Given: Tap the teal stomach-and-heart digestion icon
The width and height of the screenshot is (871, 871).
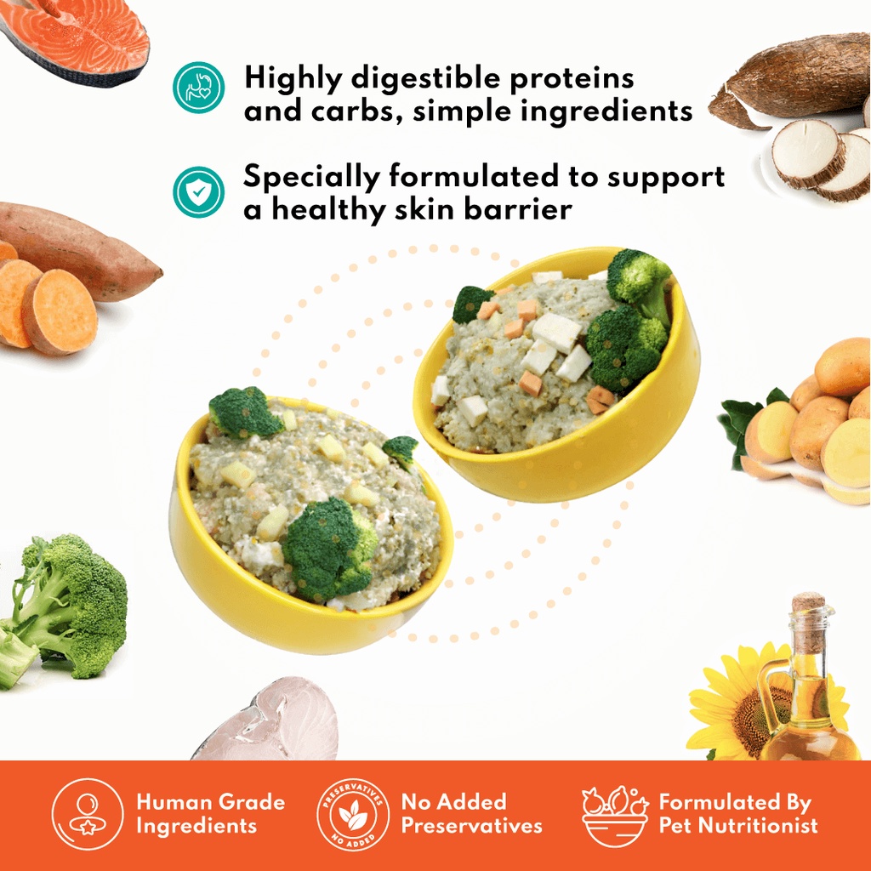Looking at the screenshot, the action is [x=198, y=88].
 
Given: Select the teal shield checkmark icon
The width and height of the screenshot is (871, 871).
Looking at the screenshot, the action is [x=198, y=191].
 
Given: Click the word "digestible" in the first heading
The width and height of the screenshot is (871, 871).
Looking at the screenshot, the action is [x=426, y=77].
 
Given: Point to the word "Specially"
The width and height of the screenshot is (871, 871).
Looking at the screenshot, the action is [x=311, y=178].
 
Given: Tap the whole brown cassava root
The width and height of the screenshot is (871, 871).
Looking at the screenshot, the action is [x=794, y=81].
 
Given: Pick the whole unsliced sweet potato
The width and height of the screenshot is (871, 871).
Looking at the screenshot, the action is [x=77, y=250].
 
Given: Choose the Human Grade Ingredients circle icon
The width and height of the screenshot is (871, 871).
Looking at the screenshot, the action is [x=88, y=814].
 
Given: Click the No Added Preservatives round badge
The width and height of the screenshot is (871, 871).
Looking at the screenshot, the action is [x=353, y=814].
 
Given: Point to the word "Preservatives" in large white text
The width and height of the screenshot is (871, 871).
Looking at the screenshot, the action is [x=471, y=826].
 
